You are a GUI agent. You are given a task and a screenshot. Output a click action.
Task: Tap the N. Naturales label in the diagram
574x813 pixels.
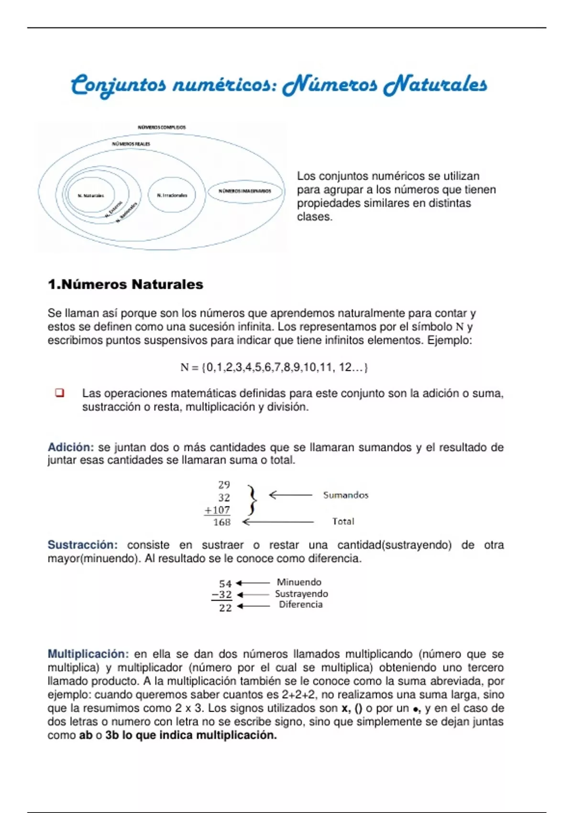pos(91,196)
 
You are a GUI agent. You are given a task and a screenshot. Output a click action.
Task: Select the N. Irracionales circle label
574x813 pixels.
pos(172,195)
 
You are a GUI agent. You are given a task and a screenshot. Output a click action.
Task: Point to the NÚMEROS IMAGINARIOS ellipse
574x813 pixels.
pos(245,191)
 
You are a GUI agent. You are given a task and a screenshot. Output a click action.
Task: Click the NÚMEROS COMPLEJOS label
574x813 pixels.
pos(162,128)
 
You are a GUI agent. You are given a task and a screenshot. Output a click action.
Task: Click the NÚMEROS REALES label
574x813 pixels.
pos(131,144)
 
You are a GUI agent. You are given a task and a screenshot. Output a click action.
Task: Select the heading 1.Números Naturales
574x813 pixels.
pos(125,285)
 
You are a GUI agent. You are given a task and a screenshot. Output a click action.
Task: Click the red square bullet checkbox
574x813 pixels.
pos(60,393)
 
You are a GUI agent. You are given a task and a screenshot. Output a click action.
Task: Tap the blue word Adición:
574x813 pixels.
pos(71,447)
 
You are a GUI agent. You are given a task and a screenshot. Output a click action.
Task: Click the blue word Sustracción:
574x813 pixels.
pos(82,545)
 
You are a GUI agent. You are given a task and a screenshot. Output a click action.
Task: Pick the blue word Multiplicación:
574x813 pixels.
pos(88,654)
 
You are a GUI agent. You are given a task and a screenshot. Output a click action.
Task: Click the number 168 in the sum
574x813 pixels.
pos(221,522)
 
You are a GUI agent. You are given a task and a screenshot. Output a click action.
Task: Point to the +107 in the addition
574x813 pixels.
pos(218,510)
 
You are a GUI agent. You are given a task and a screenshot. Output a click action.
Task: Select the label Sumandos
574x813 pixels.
pos(345,495)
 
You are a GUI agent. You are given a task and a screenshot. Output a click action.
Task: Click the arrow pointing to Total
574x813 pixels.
pos(277,522)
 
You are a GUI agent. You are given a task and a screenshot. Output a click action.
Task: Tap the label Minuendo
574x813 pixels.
pos(299,582)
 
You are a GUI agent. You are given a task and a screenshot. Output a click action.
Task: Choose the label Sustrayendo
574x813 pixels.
pos(301,593)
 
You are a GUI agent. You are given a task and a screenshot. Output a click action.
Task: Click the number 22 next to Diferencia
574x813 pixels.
pos(225,608)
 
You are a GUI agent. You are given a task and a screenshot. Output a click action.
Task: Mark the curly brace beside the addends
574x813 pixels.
pos(252,500)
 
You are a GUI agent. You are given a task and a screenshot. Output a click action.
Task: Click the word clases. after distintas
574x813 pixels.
pos(314,217)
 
